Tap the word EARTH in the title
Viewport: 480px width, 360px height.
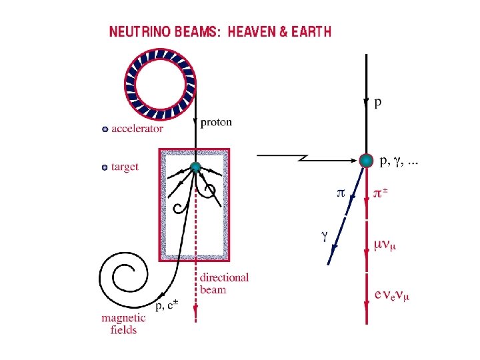point(309,32)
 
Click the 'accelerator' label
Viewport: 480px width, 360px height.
point(137,129)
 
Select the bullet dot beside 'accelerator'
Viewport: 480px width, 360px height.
point(104,129)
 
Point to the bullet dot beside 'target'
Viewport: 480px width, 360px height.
point(104,167)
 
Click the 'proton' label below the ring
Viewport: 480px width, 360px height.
point(217,122)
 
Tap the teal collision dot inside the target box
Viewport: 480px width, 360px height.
point(195,167)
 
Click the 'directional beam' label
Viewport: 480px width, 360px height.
point(224,283)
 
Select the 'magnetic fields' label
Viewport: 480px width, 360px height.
point(121,323)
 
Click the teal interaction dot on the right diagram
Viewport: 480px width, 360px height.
point(366,160)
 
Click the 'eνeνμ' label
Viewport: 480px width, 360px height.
point(392,295)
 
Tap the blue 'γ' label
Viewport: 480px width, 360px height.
point(325,235)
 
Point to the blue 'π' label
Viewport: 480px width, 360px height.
point(340,193)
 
